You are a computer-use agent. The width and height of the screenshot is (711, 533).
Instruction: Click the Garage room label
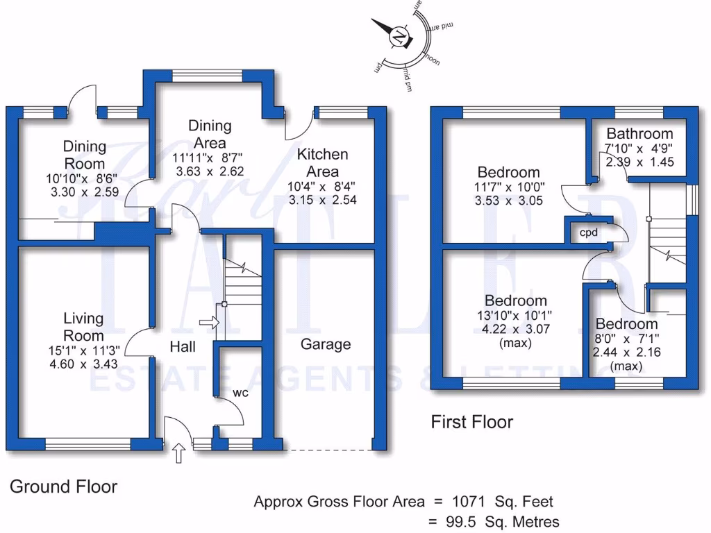point(326,344)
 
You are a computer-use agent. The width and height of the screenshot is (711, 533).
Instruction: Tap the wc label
point(241,393)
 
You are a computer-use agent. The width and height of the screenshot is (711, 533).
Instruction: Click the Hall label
point(183,347)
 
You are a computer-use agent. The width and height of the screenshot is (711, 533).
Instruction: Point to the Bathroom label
point(639,133)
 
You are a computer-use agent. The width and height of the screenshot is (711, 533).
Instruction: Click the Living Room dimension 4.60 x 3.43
point(83,364)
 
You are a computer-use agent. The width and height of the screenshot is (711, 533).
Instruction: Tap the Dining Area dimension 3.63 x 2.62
point(210,171)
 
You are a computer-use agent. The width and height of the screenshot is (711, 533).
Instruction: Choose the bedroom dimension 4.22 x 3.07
point(515,330)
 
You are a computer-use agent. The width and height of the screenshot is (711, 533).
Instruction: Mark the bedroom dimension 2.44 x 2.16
point(626,352)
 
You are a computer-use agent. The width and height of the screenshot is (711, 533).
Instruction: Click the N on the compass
point(399,37)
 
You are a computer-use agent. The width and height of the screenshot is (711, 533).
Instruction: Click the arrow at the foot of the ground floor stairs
point(208,322)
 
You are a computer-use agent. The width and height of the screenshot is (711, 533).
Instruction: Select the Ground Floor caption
point(63,487)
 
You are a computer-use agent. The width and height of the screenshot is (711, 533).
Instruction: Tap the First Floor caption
point(471,421)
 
